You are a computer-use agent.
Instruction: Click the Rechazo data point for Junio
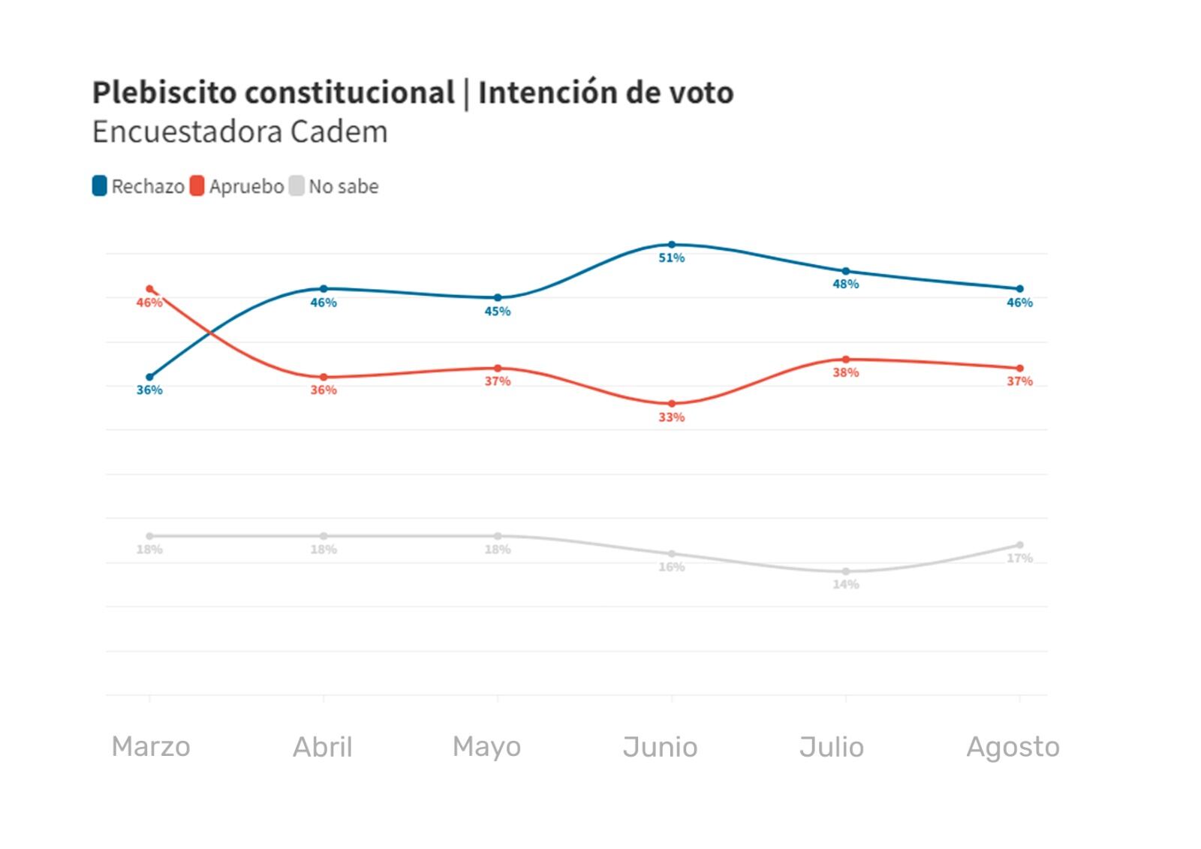[672, 245]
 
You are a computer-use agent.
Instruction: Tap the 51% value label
[672, 258]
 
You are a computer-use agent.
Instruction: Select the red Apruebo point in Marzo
[149, 289]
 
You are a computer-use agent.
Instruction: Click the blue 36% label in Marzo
[149, 390]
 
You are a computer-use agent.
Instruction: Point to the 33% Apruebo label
[672, 417]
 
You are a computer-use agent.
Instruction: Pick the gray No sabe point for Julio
[846, 572]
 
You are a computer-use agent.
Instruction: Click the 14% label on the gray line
[846, 585]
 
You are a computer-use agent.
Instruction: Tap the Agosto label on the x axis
[1013, 747]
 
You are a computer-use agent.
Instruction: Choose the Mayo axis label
[486, 747]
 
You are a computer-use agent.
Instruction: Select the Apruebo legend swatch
[197, 186]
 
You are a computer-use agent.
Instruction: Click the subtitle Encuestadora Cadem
[240, 132]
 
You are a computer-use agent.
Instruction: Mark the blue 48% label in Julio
[846, 285]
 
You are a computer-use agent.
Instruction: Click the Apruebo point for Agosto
[1020, 369]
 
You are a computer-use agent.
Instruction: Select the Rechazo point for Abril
[324, 289]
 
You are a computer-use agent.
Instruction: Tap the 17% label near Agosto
[1020, 558]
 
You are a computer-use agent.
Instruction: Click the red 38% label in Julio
[846, 373]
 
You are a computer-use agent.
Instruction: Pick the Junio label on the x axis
[660, 747]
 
